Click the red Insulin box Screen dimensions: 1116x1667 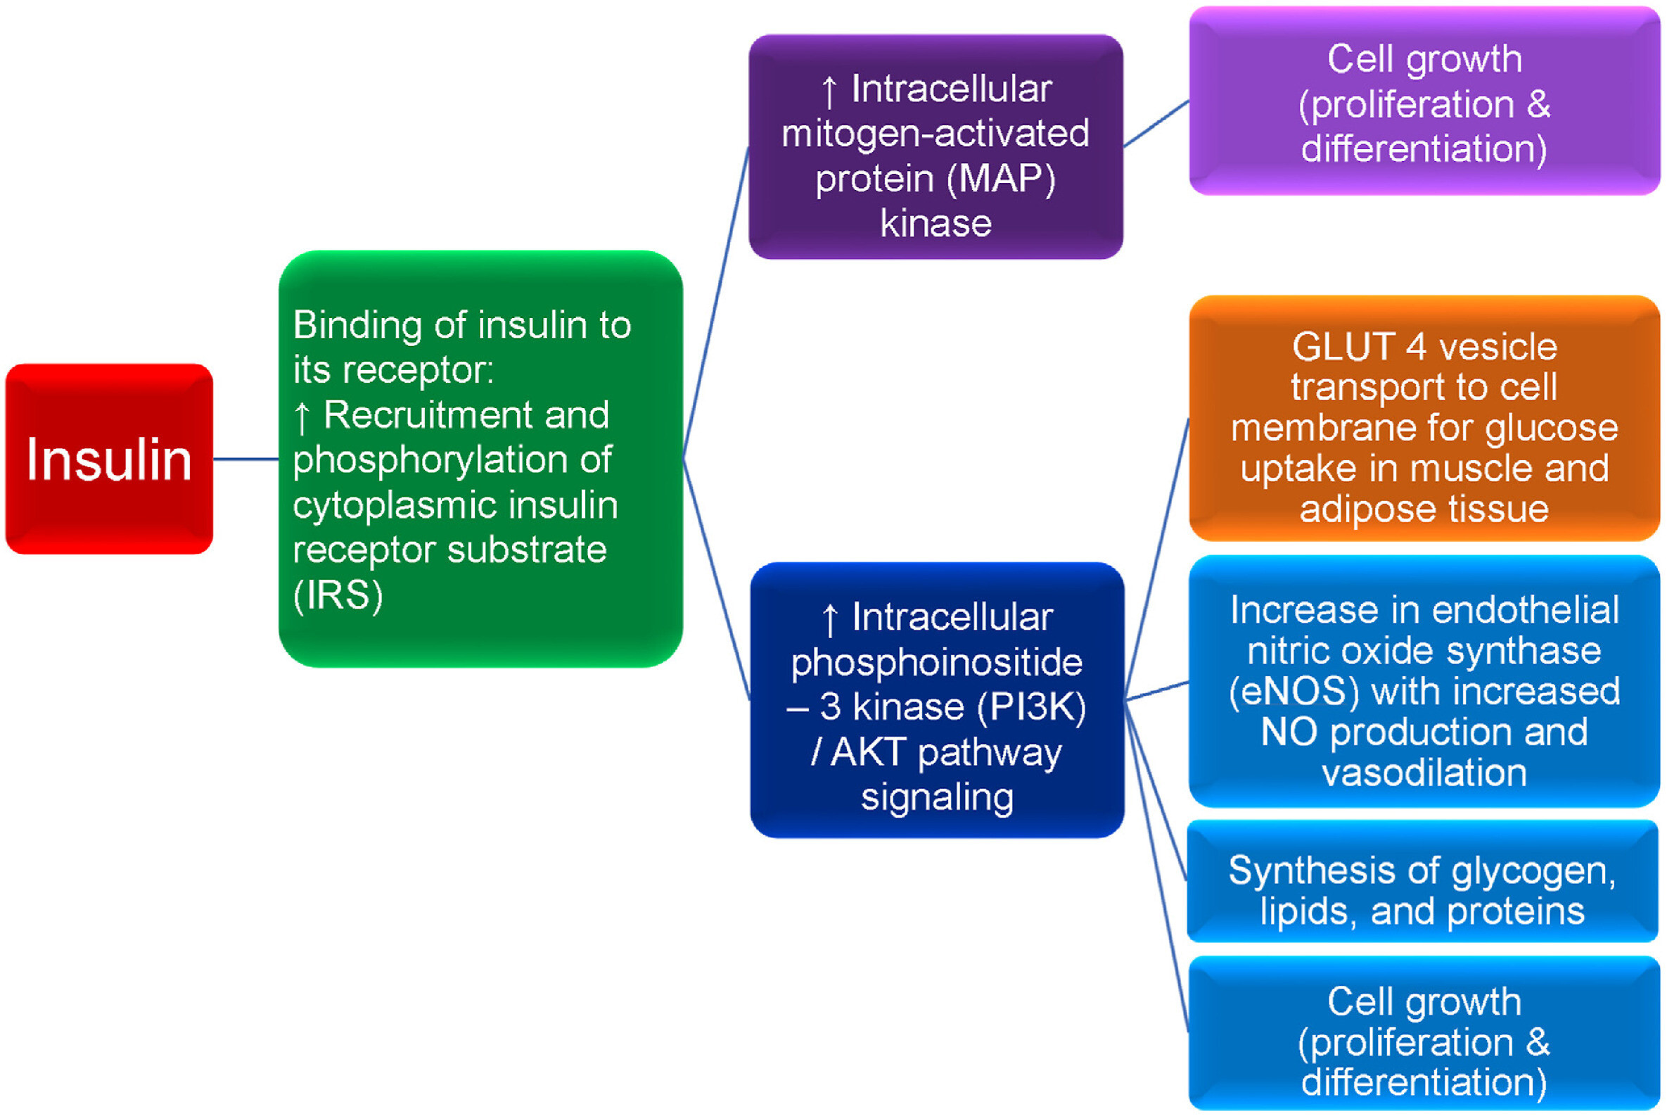(109, 459)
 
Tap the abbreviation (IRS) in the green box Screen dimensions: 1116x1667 (338, 595)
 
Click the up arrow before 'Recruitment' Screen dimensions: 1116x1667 (302, 417)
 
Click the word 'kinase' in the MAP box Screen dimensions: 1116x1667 (935, 224)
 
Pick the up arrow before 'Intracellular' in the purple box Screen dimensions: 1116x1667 (829, 91)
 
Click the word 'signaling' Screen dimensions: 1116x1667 (937, 797)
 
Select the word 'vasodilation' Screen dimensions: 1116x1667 (1424, 773)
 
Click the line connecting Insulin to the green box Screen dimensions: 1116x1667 (245, 459)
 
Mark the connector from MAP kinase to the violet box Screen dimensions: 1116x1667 (1156, 123)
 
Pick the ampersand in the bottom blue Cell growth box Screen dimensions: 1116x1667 (1538, 1042)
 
